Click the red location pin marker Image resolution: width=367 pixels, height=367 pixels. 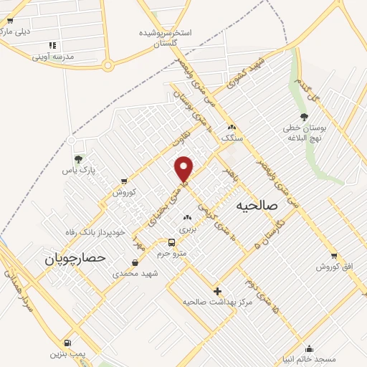(x=184, y=168)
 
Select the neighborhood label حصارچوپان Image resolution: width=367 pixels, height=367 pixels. (x=74, y=256)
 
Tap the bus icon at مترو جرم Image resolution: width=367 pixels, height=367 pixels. (x=171, y=242)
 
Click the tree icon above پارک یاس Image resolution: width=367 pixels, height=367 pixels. (x=78, y=158)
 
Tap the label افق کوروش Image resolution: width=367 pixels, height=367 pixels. (x=335, y=267)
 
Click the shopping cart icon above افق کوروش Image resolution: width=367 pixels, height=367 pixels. (x=334, y=256)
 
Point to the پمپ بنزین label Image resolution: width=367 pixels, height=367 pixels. (x=67, y=353)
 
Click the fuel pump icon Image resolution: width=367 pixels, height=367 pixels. (x=67, y=343)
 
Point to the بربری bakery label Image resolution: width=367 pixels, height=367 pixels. (x=187, y=229)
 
